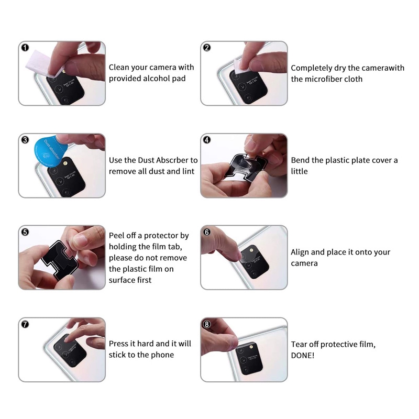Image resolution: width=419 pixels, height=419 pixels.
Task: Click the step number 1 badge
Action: click(25, 48)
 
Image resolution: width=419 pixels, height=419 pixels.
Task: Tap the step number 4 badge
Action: click(207, 140)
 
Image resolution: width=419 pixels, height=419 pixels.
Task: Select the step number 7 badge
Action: click(25, 324)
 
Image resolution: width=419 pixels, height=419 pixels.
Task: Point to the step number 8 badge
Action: click(207, 324)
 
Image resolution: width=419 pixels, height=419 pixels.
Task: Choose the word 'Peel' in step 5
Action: click(116, 235)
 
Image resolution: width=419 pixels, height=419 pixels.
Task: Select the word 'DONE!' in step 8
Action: click(303, 356)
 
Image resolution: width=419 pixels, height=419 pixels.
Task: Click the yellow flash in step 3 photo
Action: click(65, 162)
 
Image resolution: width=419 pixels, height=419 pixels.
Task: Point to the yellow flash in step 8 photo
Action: click(251, 347)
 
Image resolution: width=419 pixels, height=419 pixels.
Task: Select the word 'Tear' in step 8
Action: click(299, 345)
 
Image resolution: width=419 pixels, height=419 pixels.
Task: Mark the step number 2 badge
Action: click(207, 48)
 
